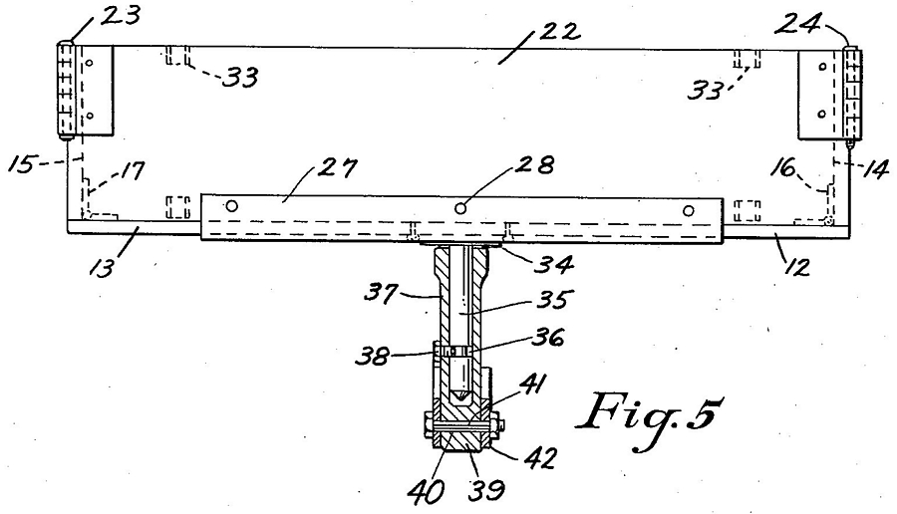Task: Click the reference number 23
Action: [x=121, y=14]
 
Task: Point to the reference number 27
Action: [x=338, y=169]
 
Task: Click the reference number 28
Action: [x=535, y=165]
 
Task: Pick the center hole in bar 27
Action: [x=460, y=208]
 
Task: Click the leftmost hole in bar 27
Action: [x=231, y=205]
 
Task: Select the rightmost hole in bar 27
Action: [x=688, y=210]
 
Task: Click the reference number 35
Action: [x=554, y=299]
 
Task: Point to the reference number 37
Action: [x=382, y=294]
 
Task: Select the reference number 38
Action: [x=373, y=356]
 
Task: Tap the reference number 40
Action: [x=425, y=492]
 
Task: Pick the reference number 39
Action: [x=486, y=490]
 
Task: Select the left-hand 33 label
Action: [x=240, y=77]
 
